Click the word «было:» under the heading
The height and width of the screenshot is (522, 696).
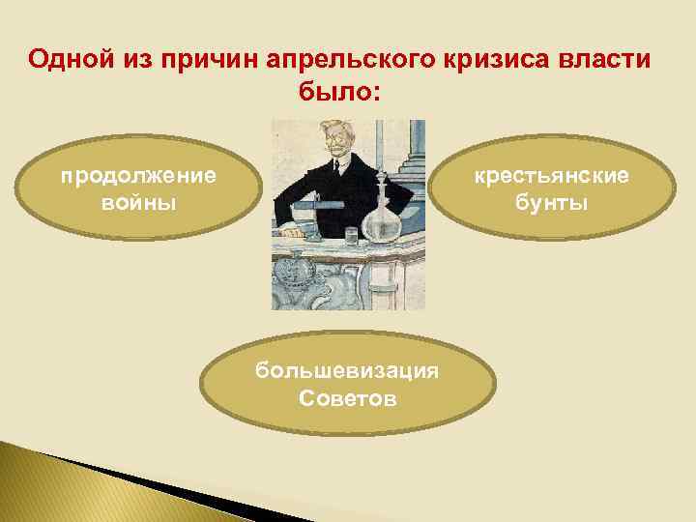click(x=334, y=94)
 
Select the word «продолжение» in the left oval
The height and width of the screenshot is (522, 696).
click(x=138, y=176)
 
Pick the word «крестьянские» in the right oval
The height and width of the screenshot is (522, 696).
click(x=551, y=176)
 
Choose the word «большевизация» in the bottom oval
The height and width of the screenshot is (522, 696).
click(x=347, y=371)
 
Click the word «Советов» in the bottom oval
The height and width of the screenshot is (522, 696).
click(x=347, y=398)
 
